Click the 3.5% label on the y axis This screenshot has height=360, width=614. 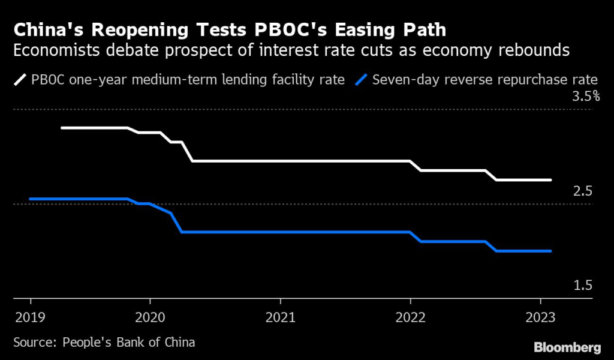tap(586, 97)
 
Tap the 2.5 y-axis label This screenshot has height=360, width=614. tap(583, 191)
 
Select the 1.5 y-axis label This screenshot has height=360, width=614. tap(583, 286)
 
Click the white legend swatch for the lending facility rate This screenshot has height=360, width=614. tap(20, 79)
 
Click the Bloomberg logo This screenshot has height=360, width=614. tap(568, 347)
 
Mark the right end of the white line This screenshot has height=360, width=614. tap(550, 180)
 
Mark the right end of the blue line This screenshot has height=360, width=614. tap(550, 251)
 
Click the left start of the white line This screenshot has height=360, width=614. tap(62, 128)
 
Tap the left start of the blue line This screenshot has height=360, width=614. tap(30, 199)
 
